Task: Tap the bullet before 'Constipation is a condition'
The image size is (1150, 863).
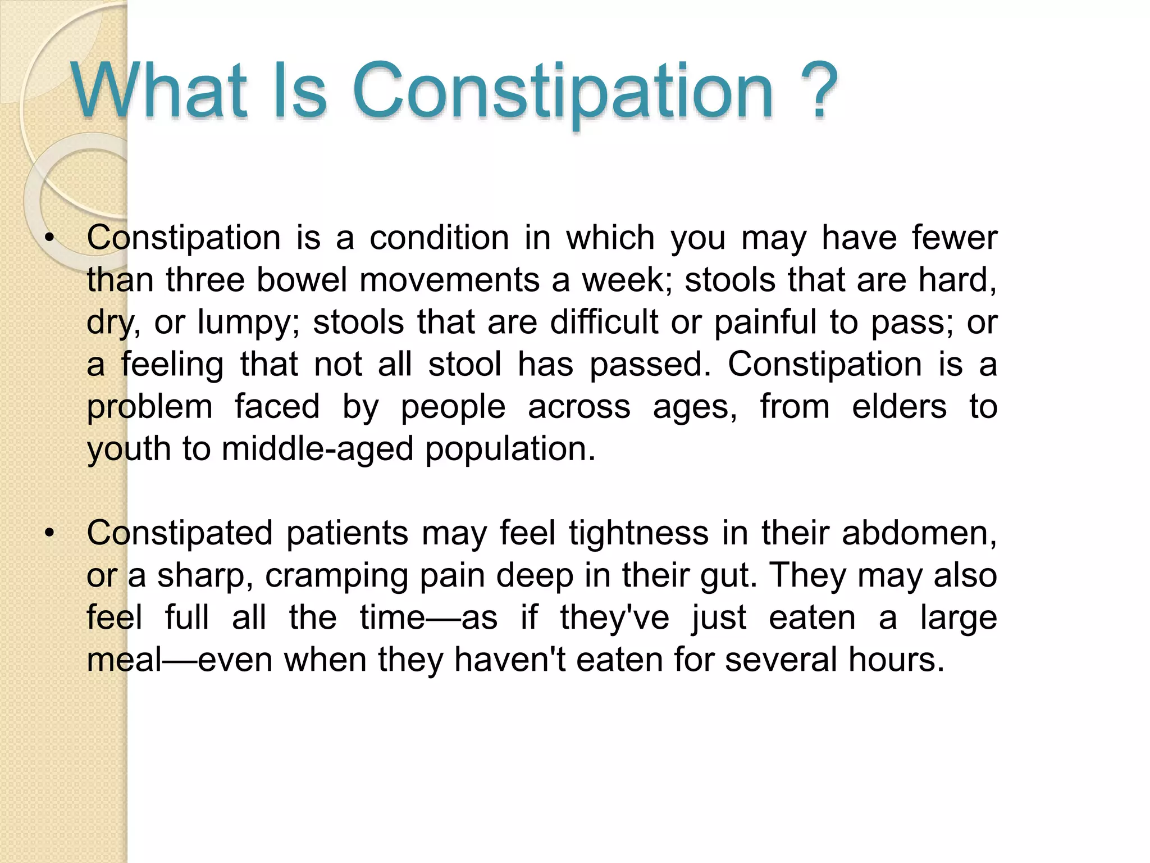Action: click(50, 238)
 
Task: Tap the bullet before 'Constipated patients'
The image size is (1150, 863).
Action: click(50, 533)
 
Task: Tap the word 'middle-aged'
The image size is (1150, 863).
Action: click(318, 449)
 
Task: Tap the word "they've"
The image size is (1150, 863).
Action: click(614, 617)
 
